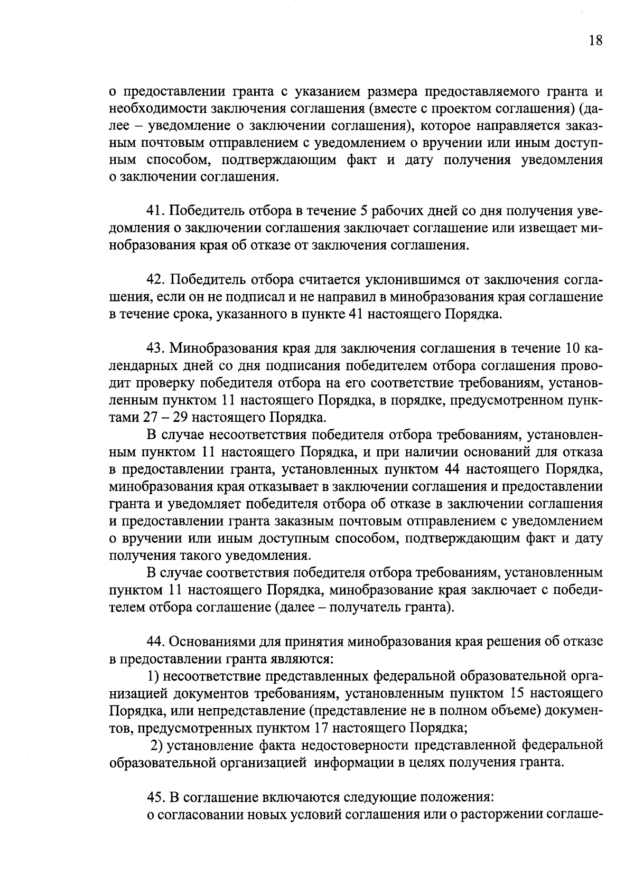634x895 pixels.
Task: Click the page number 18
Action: click(594, 41)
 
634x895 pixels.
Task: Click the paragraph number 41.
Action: click(156, 211)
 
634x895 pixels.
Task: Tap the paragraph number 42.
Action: click(156, 280)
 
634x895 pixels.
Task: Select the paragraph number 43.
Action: click(156, 348)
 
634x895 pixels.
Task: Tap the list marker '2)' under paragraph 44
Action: click(156, 745)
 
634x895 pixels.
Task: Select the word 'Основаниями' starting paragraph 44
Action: click(212, 642)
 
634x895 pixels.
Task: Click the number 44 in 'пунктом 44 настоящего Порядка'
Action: click(454, 469)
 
